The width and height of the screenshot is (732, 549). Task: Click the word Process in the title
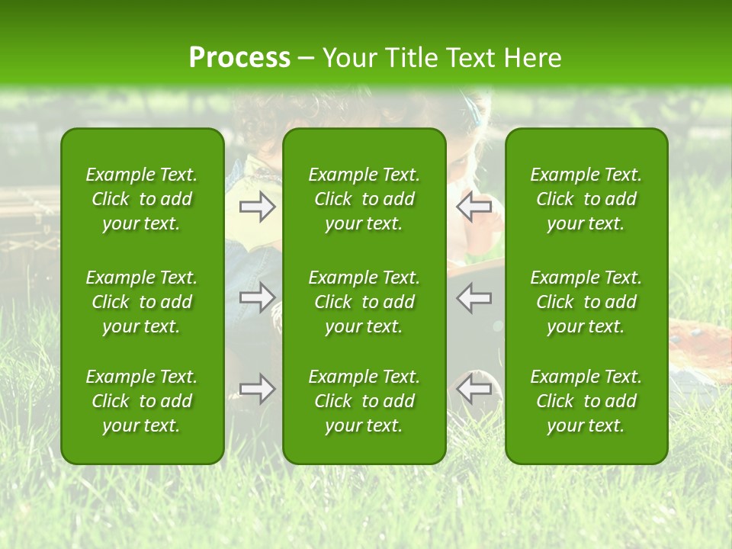[239, 58]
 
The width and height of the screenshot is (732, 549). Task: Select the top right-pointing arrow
[257, 207]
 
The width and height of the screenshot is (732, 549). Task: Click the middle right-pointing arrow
[257, 297]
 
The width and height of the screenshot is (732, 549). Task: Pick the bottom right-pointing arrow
[257, 389]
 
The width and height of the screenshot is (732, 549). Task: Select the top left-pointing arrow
[474, 207]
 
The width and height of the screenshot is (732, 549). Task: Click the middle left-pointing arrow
[474, 297]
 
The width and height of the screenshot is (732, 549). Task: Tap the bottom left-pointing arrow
[474, 389]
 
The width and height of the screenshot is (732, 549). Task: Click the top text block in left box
[142, 199]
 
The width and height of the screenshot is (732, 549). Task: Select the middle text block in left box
[142, 302]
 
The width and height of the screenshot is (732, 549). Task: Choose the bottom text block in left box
[142, 401]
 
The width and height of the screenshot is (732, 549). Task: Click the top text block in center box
[364, 199]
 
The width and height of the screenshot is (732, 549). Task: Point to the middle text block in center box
[364, 302]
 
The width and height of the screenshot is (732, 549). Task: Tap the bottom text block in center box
[364, 401]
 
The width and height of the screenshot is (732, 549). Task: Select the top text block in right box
[586, 199]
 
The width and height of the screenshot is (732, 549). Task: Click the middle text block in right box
[586, 302]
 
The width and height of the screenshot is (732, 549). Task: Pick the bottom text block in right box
[586, 401]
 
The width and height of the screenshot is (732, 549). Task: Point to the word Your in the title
[348, 58]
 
